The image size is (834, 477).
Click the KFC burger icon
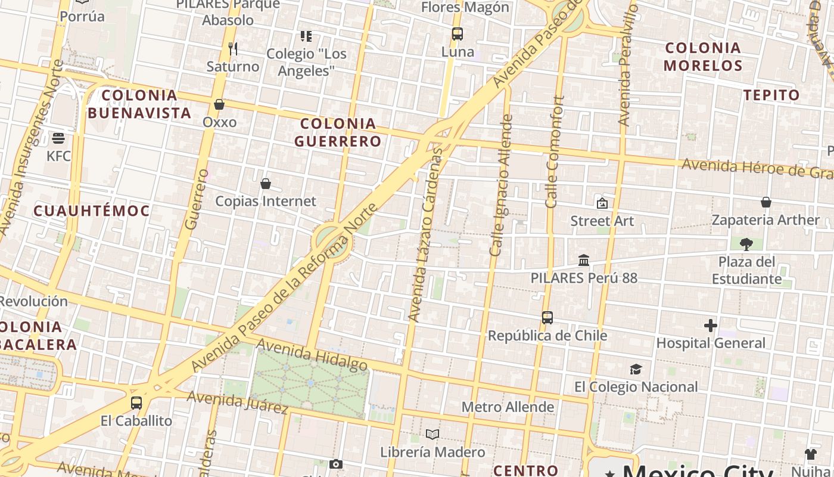tap(58, 138)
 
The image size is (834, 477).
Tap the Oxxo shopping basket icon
tap(219, 104)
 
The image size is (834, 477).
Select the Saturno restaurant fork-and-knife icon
tap(233, 48)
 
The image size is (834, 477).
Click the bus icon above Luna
tap(457, 34)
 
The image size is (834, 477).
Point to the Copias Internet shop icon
tap(266, 184)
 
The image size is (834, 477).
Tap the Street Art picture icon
tap(602, 203)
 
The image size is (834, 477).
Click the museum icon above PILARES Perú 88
tap(584, 261)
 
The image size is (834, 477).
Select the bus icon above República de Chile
tap(547, 318)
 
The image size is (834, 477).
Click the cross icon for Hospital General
tap(710, 326)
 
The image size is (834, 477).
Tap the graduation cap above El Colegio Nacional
tap(636, 370)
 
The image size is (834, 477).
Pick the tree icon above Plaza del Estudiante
tap(746, 244)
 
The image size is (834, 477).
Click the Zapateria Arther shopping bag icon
tap(766, 203)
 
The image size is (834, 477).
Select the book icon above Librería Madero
tap(432, 434)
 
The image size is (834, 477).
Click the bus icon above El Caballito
tap(136, 403)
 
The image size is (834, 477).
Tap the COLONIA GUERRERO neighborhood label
tap(338, 132)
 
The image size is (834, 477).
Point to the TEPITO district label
tap(772, 95)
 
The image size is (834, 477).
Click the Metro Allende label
tap(508, 407)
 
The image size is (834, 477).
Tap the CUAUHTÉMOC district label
tap(92, 210)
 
